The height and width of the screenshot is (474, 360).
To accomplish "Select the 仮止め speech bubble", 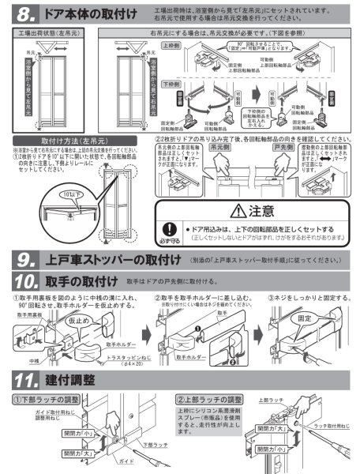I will point(73,323).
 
